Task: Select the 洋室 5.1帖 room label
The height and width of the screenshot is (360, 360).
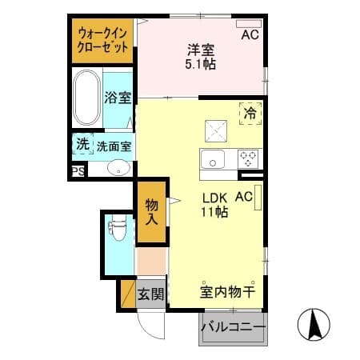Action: pos(201,56)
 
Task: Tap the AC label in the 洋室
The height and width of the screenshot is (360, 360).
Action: pos(250,34)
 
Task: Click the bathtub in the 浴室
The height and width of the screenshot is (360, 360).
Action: pos(86,97)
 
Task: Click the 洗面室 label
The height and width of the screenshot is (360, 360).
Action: pos(114,146)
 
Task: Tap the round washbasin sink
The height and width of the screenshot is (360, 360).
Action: pos(118,168)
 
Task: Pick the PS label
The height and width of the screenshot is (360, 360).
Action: pos(77,171)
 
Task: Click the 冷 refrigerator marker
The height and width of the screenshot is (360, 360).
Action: pos(250,114)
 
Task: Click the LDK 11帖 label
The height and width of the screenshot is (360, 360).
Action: pos(215,205)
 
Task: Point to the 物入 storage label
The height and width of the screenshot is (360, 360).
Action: pos(151,212)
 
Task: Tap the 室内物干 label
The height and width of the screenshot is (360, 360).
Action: pos(227,293)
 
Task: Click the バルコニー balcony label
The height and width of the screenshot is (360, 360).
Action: pos(232,326)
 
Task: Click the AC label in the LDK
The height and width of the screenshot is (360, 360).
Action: pos(244,195)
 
